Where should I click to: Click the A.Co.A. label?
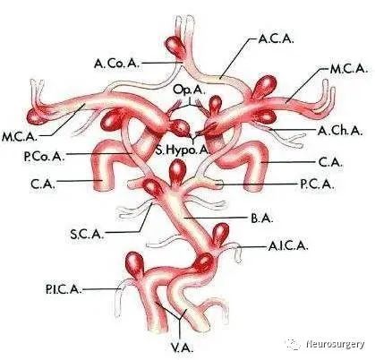click(116, 64)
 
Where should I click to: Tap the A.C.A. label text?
click(276, 39)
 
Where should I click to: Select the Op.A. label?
click(189, 90)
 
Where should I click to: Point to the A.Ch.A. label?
click(340, 131)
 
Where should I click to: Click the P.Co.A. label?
click(44, 156)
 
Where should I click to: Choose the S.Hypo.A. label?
click(182, 150)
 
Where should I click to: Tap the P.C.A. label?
click(317, 184)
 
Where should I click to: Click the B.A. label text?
click(262, 219)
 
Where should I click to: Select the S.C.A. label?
click(87, 234)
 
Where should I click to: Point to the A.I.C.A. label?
click(288, 246)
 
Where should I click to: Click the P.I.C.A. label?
click(64, 289)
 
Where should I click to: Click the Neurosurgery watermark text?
click(336, 344)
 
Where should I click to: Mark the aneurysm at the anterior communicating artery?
click(175, 47)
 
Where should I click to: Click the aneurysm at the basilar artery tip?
click(178, 171)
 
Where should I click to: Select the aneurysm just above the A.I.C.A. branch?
click(220, 234)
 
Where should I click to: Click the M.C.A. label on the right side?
click(348, 69)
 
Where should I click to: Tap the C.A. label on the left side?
click(43, 184)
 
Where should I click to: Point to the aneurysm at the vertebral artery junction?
click(203, 262)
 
